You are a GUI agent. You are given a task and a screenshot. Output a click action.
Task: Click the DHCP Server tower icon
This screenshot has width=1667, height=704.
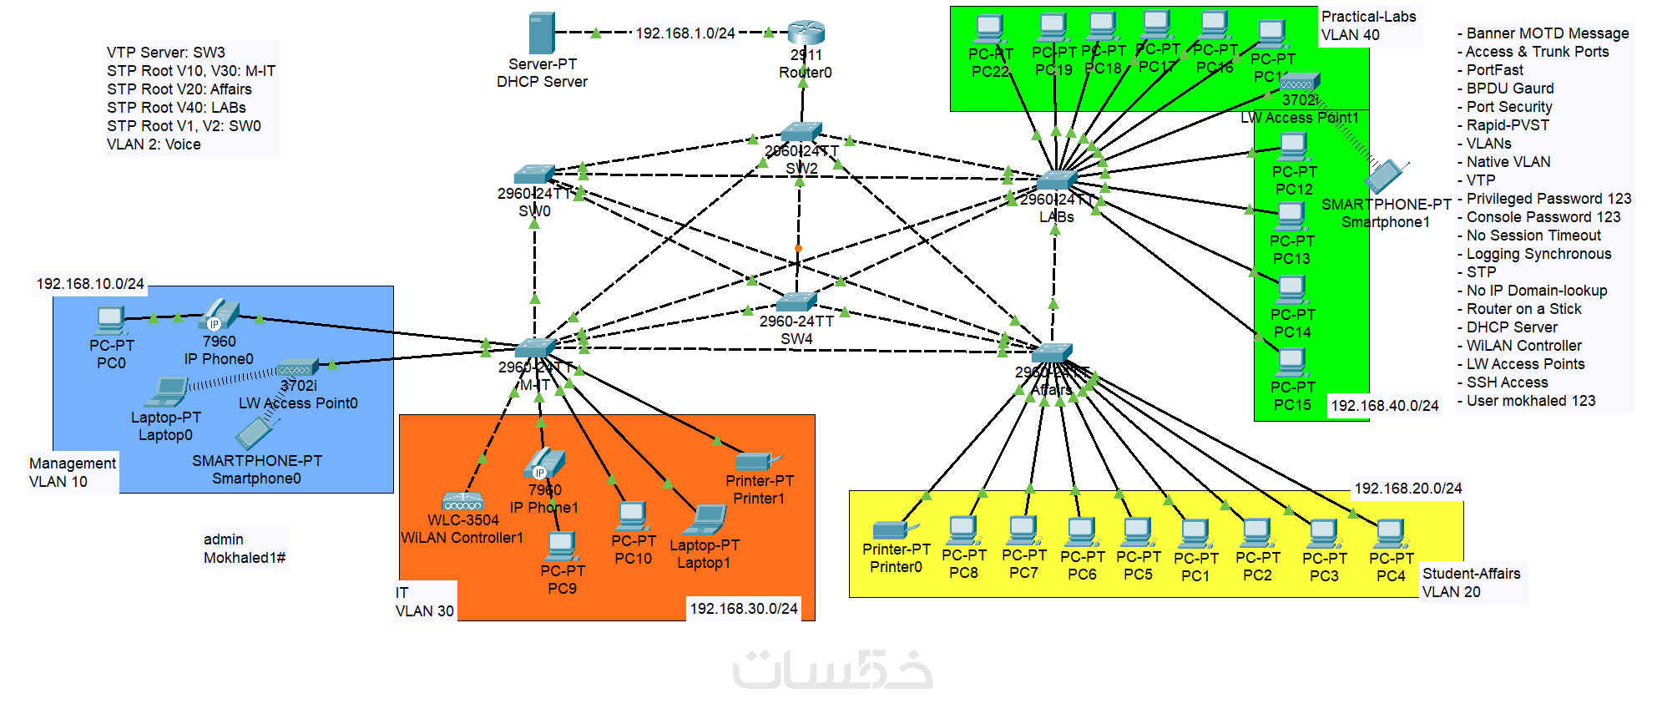[542, 33]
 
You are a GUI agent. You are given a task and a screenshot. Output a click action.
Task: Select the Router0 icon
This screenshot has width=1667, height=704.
[806, 33]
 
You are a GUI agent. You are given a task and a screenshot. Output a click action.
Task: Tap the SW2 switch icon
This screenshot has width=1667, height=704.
[801, 132]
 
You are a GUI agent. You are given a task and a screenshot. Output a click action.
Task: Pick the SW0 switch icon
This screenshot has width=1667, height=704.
[534, 174]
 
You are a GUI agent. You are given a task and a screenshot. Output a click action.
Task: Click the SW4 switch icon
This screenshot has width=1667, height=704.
[796, 301]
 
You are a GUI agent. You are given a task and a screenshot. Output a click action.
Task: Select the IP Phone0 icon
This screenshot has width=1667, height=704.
[220, 315]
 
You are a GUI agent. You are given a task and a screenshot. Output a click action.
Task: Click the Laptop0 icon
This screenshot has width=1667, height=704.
[169, 391]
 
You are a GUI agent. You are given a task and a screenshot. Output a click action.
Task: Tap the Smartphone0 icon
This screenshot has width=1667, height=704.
[255, 433]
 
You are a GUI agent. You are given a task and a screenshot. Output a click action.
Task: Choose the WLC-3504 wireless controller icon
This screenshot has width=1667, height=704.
[463, 502]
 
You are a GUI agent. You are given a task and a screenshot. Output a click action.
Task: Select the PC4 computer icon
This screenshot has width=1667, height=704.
[1391, 533]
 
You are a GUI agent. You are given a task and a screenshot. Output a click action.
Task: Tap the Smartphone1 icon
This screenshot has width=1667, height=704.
[1386, 176]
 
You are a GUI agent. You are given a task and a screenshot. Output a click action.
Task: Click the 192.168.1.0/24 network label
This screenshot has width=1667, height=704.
[685, 33]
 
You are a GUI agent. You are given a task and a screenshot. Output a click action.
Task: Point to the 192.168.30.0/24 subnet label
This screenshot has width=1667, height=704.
[744, 609]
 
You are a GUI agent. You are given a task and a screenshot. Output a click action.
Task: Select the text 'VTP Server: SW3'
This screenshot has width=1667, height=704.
[166, 53]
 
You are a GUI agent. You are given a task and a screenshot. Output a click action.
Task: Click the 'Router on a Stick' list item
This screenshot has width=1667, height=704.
[1523, 309]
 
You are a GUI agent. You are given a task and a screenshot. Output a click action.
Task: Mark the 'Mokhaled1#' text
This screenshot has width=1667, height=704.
[245, 558]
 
